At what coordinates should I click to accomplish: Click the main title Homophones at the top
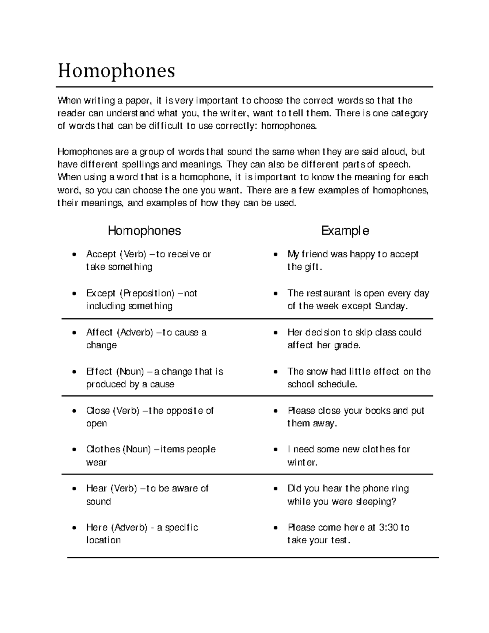coord(117,71)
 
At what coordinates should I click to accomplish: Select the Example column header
coord(345,231)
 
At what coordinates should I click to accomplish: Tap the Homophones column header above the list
coord(144,231)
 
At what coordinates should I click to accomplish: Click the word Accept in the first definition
coord(101,254)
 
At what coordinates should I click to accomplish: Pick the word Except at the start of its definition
coord(101,293)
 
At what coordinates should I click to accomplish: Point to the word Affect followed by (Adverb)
coord(99,333)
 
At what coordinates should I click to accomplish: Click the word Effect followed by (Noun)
coord(99,372)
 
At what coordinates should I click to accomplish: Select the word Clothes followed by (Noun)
coord(103,450)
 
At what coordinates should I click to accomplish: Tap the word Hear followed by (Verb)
coord(96,488)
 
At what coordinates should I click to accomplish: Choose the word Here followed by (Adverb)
coord(97,527)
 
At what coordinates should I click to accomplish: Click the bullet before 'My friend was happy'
coord(276,255)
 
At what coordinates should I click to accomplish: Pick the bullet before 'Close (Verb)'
coord(73,411)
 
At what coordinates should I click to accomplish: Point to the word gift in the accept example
coord(313,267)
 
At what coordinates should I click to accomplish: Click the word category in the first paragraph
coord(410,113)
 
